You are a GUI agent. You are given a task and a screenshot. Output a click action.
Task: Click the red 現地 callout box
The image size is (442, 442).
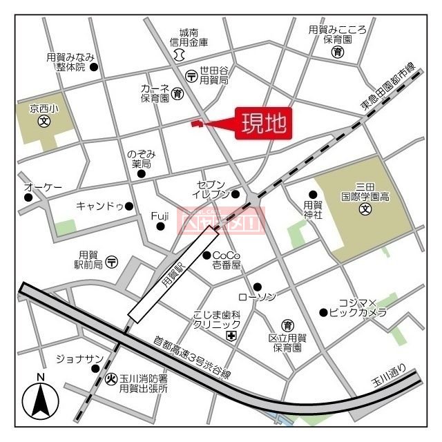pyautogui.click(x=262, y=124)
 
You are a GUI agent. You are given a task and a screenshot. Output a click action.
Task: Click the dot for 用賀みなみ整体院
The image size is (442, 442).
pyautogui.click(x=95, y=67)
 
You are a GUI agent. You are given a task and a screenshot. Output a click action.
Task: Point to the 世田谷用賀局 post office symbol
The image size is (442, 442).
pyautogui.click(x=191, y=75)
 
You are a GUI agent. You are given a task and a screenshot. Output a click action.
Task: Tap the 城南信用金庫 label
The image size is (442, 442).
pyautogui.click(x=189, y=37)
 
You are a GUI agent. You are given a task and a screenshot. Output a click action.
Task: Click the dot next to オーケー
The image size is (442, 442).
pyautogui.click(x=28, y=198)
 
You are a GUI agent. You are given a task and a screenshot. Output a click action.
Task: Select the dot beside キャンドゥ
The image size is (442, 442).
pyautogui.click(x=129, y=205)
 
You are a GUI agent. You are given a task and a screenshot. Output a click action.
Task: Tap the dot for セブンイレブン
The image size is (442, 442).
pyautogui.click(x=236, y=194)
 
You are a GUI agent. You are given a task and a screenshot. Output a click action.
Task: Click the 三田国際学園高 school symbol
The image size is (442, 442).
pyautogui.click(x=364, y=210)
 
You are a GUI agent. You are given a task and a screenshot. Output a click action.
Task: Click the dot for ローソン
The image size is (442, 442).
pyautogui.click(x=257, y=287)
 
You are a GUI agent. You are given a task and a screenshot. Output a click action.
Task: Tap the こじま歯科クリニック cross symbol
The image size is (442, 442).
pyautogui.click(x=231, y=336)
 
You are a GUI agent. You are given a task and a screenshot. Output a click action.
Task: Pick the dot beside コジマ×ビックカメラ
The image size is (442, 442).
pyautogui.click(x=323, y=312)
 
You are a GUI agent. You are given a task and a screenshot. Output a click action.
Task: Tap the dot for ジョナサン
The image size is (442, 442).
pyautogui.click(x=95, y=368)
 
